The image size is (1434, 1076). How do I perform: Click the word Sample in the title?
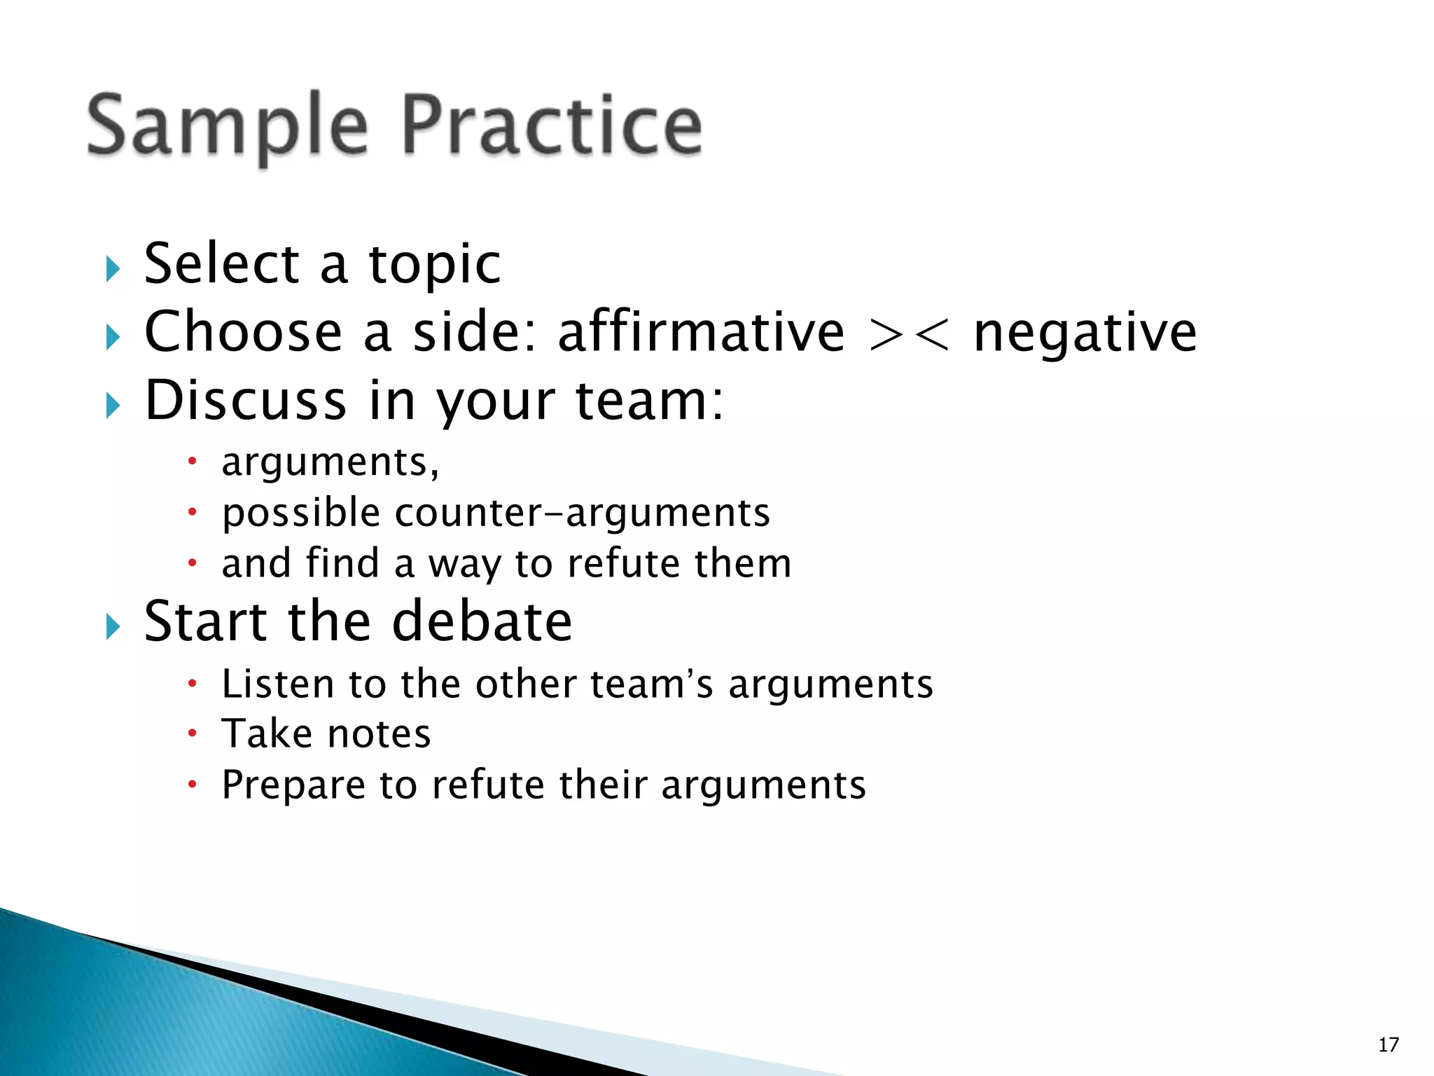(227, 126)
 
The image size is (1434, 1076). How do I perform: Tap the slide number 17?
(1388, 1044)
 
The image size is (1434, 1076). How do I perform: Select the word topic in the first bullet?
(435, 265)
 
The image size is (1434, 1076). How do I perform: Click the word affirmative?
(701, 332)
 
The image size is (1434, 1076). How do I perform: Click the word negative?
(1085, 333)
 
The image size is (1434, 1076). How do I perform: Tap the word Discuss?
(245, 401)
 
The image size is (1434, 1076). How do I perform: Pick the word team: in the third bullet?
(649, 401)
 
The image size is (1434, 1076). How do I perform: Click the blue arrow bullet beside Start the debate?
(113, 626)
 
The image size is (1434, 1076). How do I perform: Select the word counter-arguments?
(583, 513)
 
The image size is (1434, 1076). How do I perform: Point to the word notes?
(379, 734)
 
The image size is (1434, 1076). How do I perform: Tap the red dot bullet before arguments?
(193, 462)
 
